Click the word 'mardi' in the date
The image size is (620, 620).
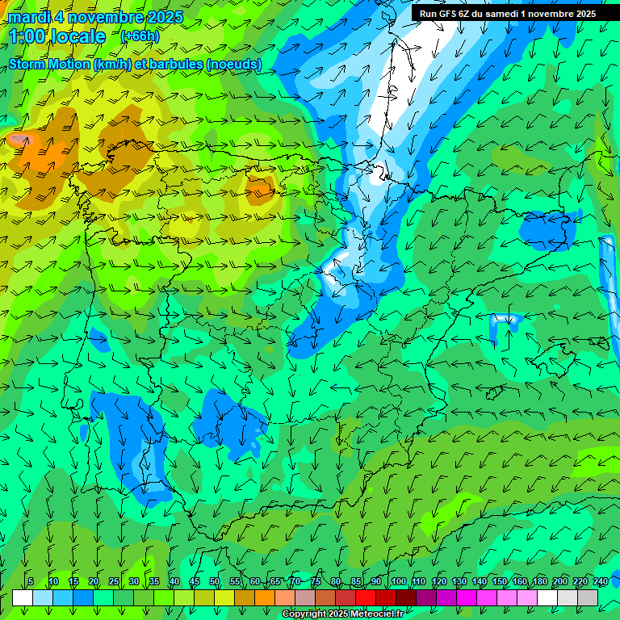(x=28, y=17)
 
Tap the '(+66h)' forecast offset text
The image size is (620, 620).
(x=140, y=36)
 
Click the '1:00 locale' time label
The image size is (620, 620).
(x=57, y=36)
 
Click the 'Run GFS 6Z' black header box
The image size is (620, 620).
(x=508, y=14)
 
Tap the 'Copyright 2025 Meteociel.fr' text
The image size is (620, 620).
(x=342, y=614)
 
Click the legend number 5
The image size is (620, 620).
(x=31, y=581)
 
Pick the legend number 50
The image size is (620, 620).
(x=215, y=581)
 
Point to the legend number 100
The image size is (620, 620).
(x=399, y=581)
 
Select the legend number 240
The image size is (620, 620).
(x=601, y=581)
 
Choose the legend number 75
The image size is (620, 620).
(x=315, y=581)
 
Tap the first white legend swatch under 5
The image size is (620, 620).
(x=23, y=597)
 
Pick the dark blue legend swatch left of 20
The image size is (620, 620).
(x=83, y=597)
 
